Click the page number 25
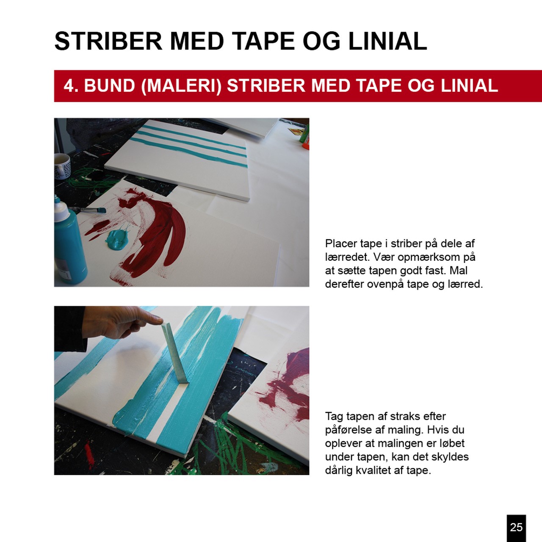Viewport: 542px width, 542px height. (516, 527)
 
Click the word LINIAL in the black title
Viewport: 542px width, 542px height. (387, 41)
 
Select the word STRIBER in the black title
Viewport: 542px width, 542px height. (108, 41)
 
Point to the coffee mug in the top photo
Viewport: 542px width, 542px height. (62, 166)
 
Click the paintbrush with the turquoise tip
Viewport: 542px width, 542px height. (88, 210)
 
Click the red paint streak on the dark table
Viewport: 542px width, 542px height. (89, 457)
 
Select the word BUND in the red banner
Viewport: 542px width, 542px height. (110, 86)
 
